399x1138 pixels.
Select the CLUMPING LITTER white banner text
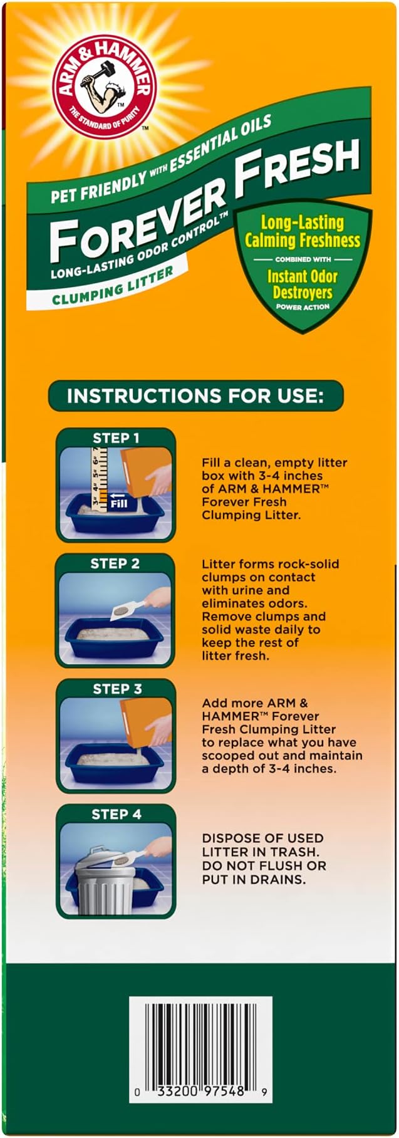click(x=113, y=286)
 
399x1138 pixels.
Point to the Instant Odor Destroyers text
click(x=303, y=284)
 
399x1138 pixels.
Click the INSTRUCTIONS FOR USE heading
click(x=195, y=396)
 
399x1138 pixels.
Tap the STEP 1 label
click(x=116, y=438)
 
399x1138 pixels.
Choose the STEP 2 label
click(x=115, y=563)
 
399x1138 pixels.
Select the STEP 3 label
click(x=117, y=689)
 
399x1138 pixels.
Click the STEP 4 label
click(x=117, y=814)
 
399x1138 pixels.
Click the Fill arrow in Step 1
click(x=118, y=503)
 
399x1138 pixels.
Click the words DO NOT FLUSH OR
click(x=264, y=865)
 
